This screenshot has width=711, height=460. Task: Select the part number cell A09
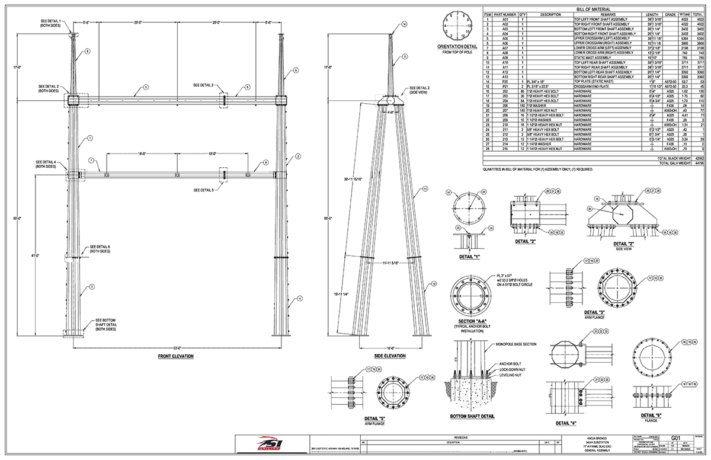505,57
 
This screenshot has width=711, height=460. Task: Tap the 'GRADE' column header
670,14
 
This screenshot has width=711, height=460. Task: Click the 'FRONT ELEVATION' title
175,356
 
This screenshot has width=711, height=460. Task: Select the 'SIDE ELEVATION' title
389,356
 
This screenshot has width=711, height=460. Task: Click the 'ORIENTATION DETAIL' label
459,46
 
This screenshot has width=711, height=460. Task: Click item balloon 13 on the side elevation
434,285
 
